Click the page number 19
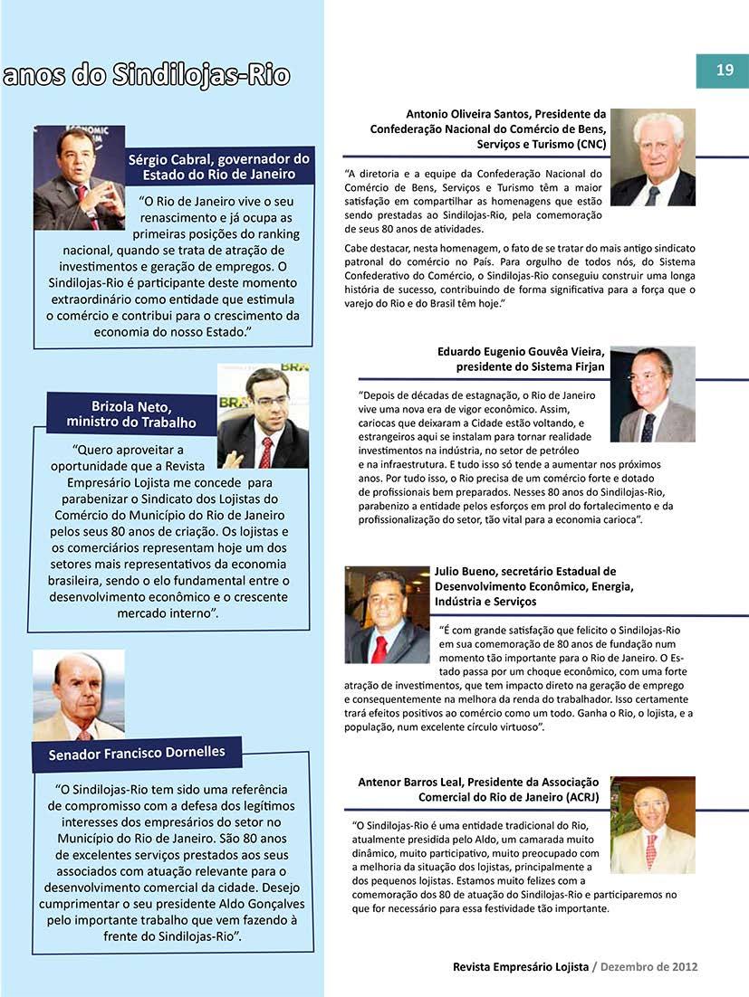pyautogui.click(x=725, y=71)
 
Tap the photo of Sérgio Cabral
pyautogui.click(x=79, y=177)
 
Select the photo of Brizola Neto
pyautogui.click(x=263, y=417)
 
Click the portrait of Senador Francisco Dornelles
pyautogui.click(x=79, y=695)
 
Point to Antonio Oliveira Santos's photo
pyautogui.click(x=652, y=157)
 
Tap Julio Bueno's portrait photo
pyautogui.click(x=387, y=615)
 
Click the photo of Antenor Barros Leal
pyautogui.click(x=652, y=824)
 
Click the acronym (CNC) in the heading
pyautogui.click(x=586, y=144)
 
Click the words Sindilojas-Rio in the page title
pyautogui.click(x=200, y=75)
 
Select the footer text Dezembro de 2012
pyautogui.click(x=650, y=966)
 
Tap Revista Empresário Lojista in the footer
pyautogui.click(x=521, y=966)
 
